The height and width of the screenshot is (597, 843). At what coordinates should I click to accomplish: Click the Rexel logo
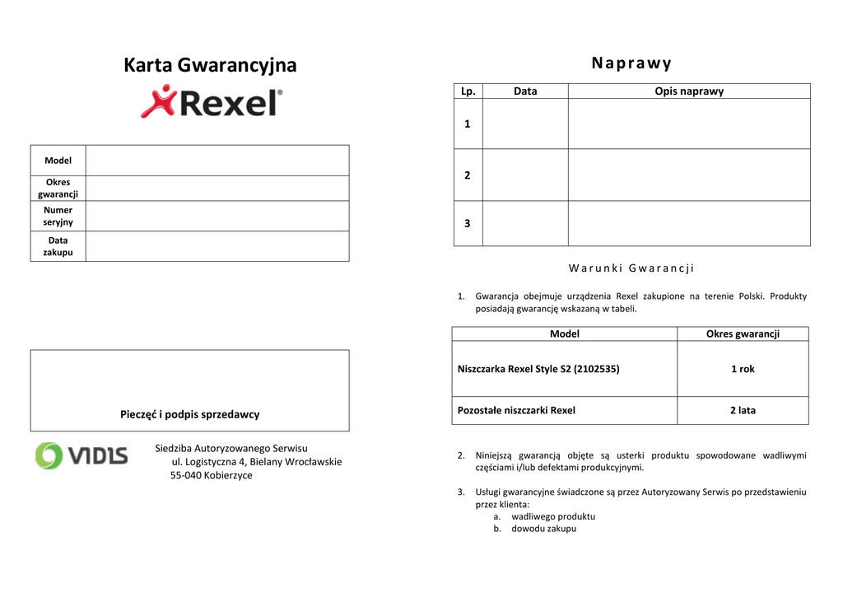212,102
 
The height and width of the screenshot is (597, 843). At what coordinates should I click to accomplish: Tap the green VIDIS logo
81,455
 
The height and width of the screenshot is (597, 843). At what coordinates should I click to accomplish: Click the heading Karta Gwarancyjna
210,65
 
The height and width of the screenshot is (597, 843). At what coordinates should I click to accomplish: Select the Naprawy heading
631,63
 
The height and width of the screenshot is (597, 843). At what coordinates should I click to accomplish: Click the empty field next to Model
217,161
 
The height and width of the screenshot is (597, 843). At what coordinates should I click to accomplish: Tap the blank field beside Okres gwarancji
217,188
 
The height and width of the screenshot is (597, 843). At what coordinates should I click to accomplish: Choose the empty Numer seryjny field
217,216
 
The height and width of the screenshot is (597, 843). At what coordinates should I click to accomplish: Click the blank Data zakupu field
217,246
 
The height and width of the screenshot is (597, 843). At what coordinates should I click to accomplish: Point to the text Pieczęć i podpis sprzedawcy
189,414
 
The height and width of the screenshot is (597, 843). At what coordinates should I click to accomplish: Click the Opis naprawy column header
689,91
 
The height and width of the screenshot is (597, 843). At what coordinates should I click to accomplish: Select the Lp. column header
468,91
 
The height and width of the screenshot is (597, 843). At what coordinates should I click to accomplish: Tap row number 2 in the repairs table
468,175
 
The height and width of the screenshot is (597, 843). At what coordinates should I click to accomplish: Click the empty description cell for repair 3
689,223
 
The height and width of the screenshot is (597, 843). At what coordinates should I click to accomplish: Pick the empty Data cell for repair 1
525,124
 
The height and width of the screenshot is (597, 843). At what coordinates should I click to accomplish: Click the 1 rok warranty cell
743,369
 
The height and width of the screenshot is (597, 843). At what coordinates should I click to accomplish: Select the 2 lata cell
743,410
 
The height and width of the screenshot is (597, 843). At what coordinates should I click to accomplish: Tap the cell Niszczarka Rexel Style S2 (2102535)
538,369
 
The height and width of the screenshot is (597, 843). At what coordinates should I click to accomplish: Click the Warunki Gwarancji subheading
631,268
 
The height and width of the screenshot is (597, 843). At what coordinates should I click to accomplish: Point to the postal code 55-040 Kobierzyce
212,475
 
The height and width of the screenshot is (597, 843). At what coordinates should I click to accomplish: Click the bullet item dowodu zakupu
543,529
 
